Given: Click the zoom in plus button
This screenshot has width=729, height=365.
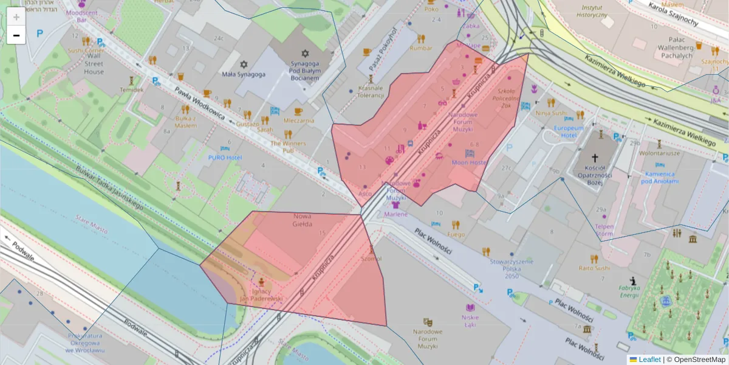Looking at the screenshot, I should click(x=16, y=17).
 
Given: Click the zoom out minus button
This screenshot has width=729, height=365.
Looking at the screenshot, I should click(x=16, y=35).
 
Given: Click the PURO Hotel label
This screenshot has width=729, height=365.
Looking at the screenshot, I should click(x=225, y=158).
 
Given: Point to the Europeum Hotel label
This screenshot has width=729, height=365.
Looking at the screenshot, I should click(x=568, y=132).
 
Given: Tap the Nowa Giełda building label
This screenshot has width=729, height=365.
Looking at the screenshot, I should click(x=302, y=220).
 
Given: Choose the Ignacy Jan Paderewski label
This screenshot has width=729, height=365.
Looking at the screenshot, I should click(x=261, y=295).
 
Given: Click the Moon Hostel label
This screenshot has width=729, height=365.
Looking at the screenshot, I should click(x=469, y=162).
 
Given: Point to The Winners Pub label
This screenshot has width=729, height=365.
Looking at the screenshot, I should click(x=289, y=147).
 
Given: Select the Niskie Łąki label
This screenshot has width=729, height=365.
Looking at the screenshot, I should click(x=470, y=320).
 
